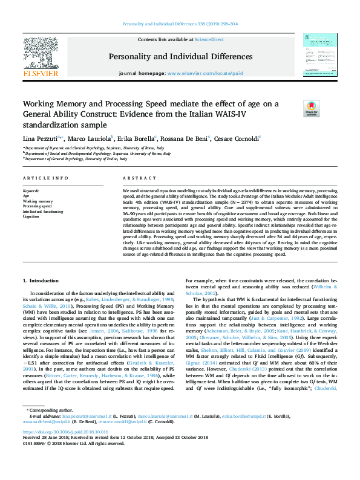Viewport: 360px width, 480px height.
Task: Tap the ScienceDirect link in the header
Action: point(208,40)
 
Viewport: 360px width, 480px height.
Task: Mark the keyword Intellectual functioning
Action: point(42,212)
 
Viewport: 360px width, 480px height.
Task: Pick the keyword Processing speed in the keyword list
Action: point(37,206)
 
